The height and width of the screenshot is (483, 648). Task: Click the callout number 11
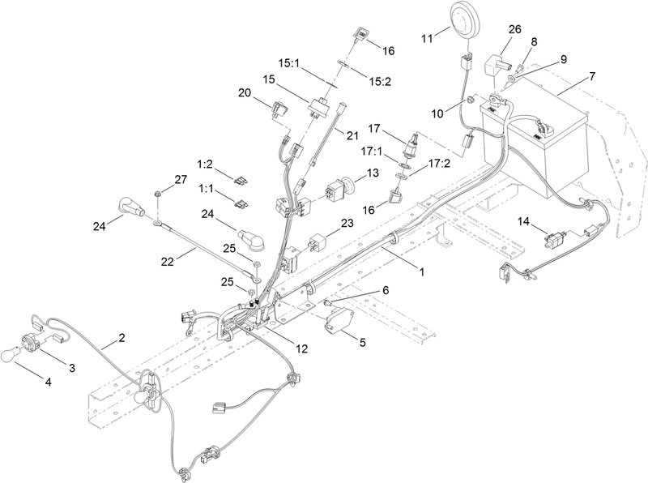[427, 38]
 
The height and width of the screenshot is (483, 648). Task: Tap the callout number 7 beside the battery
[592, 77]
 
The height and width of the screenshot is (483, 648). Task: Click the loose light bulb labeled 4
[10, 355]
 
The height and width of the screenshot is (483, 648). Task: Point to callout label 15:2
[380, 82]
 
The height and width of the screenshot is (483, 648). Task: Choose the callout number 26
[515, 29]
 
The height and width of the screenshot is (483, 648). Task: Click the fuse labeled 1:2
[241, 181]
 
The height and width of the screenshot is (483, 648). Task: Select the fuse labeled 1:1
[241, 204]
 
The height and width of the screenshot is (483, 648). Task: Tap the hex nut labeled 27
[157, 193]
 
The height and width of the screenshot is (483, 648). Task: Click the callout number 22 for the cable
[168, 262]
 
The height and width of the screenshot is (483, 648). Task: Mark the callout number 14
[523, 222]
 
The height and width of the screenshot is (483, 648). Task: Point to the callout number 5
[362, 343]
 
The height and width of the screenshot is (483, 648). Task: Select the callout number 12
[302, 349]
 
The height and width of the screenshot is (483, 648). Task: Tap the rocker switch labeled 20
[279, 109]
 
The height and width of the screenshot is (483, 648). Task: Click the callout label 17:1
[372, 152]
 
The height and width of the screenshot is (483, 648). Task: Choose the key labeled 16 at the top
[359, 33]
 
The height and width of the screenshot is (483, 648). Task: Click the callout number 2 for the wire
[122, 338]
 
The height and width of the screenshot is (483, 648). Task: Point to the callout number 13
[373, 173]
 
